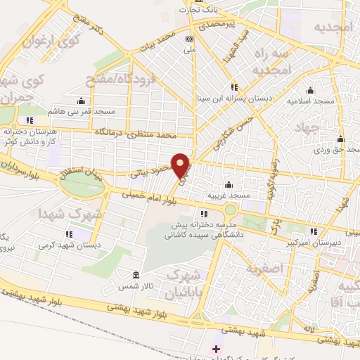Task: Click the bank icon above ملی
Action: pos(189,39)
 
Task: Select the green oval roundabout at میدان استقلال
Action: pos(81,185)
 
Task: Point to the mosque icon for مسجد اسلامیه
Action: pos(310,90)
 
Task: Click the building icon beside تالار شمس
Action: pos(135,274)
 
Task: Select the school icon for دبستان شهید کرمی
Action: pos(69,234)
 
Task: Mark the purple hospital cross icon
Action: pos(216,349)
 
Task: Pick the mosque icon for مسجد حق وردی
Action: pos(340,138)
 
